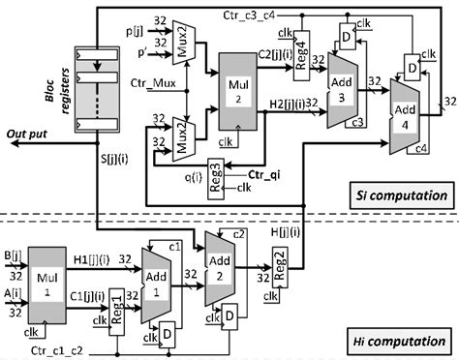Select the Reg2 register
(279, 262)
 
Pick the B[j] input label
(14, 256)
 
